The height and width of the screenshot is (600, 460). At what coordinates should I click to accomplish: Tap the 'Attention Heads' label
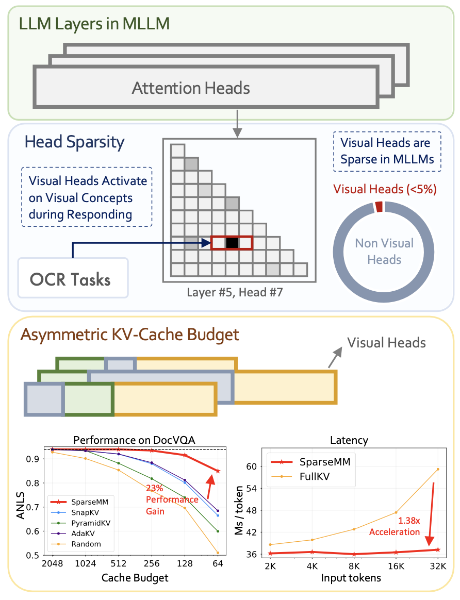191,88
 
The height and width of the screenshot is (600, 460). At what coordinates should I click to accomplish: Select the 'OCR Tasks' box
73,278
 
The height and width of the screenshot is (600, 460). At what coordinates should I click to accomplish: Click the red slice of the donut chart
379,206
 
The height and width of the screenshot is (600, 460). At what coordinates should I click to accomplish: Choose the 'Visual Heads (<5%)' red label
385,189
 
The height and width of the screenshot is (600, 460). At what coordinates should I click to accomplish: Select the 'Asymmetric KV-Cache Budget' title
129,335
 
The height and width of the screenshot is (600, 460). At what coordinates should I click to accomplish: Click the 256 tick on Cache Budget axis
152,564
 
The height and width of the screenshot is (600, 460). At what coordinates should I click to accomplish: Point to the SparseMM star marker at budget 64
218,471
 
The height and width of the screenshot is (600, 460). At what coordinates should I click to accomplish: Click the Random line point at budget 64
218,553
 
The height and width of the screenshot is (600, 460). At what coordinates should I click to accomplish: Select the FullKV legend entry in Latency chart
313,477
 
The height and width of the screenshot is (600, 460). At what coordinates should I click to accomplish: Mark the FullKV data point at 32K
438,469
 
